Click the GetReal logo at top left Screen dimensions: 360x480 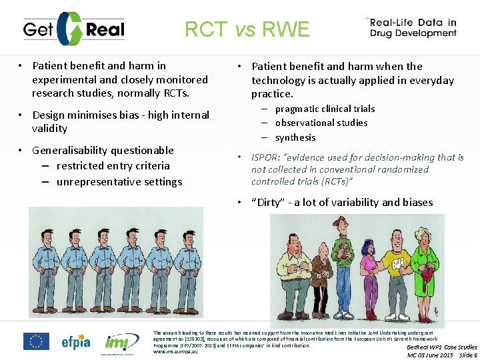73,29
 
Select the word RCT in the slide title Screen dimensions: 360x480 207,29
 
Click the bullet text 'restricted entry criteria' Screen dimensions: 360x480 113,166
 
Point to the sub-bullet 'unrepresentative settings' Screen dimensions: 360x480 119,181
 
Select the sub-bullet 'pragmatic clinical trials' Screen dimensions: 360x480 325,109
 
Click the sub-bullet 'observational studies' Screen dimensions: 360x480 321,123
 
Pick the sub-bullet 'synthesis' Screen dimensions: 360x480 295,137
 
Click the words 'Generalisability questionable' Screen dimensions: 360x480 103,150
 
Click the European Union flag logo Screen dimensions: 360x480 36,341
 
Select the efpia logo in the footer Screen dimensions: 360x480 76,341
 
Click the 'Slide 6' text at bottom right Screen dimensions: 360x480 467,355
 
